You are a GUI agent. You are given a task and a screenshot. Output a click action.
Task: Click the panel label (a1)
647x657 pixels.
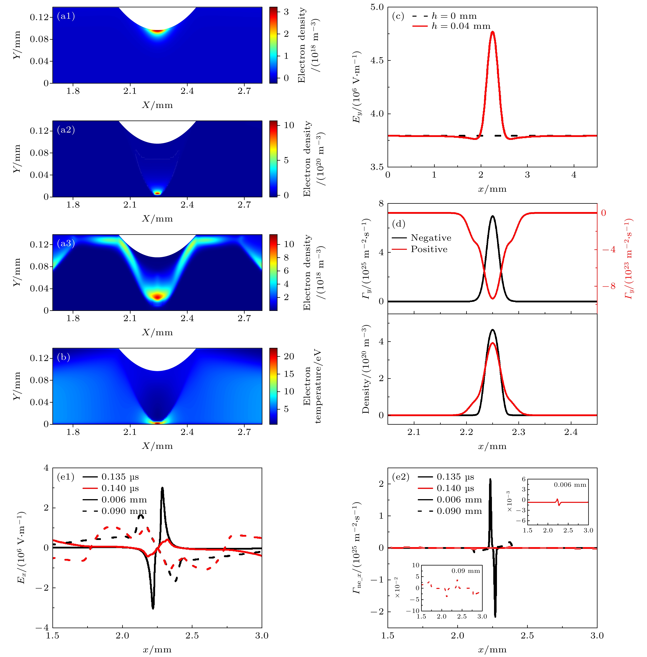tap(66, 16)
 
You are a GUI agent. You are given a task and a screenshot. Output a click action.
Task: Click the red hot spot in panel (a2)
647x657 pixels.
tap(157, 193)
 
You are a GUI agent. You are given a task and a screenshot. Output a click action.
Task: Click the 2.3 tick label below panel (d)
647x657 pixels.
tap(519, 432)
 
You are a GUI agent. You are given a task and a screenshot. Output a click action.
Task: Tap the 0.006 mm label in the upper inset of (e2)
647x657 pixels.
tap(570, 485)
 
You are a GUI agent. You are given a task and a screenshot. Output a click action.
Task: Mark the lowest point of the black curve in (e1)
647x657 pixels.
tap(153, 608)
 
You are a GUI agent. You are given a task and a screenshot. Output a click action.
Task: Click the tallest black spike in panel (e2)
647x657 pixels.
tap(490, 479)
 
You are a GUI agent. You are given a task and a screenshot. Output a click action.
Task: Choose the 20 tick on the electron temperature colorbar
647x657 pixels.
tap(289, 356)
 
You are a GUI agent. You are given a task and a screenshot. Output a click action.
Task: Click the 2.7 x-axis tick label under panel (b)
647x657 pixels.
tap(244, 432)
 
